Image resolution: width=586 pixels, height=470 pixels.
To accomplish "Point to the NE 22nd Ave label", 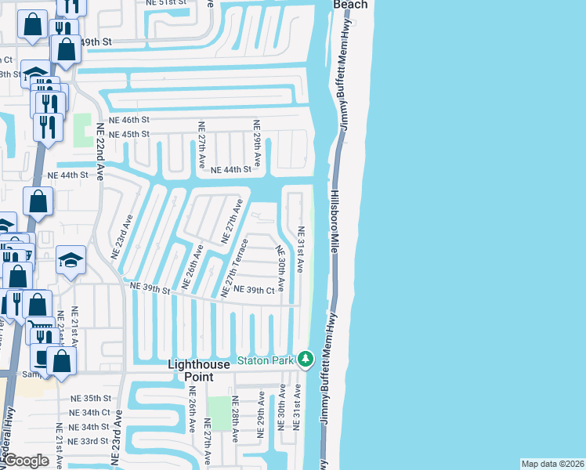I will (100, 151).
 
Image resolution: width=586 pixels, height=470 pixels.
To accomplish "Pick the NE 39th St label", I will (150, 288).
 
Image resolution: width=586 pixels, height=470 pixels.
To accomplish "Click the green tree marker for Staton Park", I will (305, 360).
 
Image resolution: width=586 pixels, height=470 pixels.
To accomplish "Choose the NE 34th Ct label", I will (89, 412).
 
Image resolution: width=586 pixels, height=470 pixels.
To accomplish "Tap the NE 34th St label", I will (89, 427).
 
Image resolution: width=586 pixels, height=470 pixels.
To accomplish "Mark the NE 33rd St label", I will (89, 441).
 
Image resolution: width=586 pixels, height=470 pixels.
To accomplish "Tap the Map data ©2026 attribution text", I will (553, 464).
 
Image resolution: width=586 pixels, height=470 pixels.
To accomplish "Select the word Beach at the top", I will (350, 5).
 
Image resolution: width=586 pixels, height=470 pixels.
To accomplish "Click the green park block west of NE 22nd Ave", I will (82, 130).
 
